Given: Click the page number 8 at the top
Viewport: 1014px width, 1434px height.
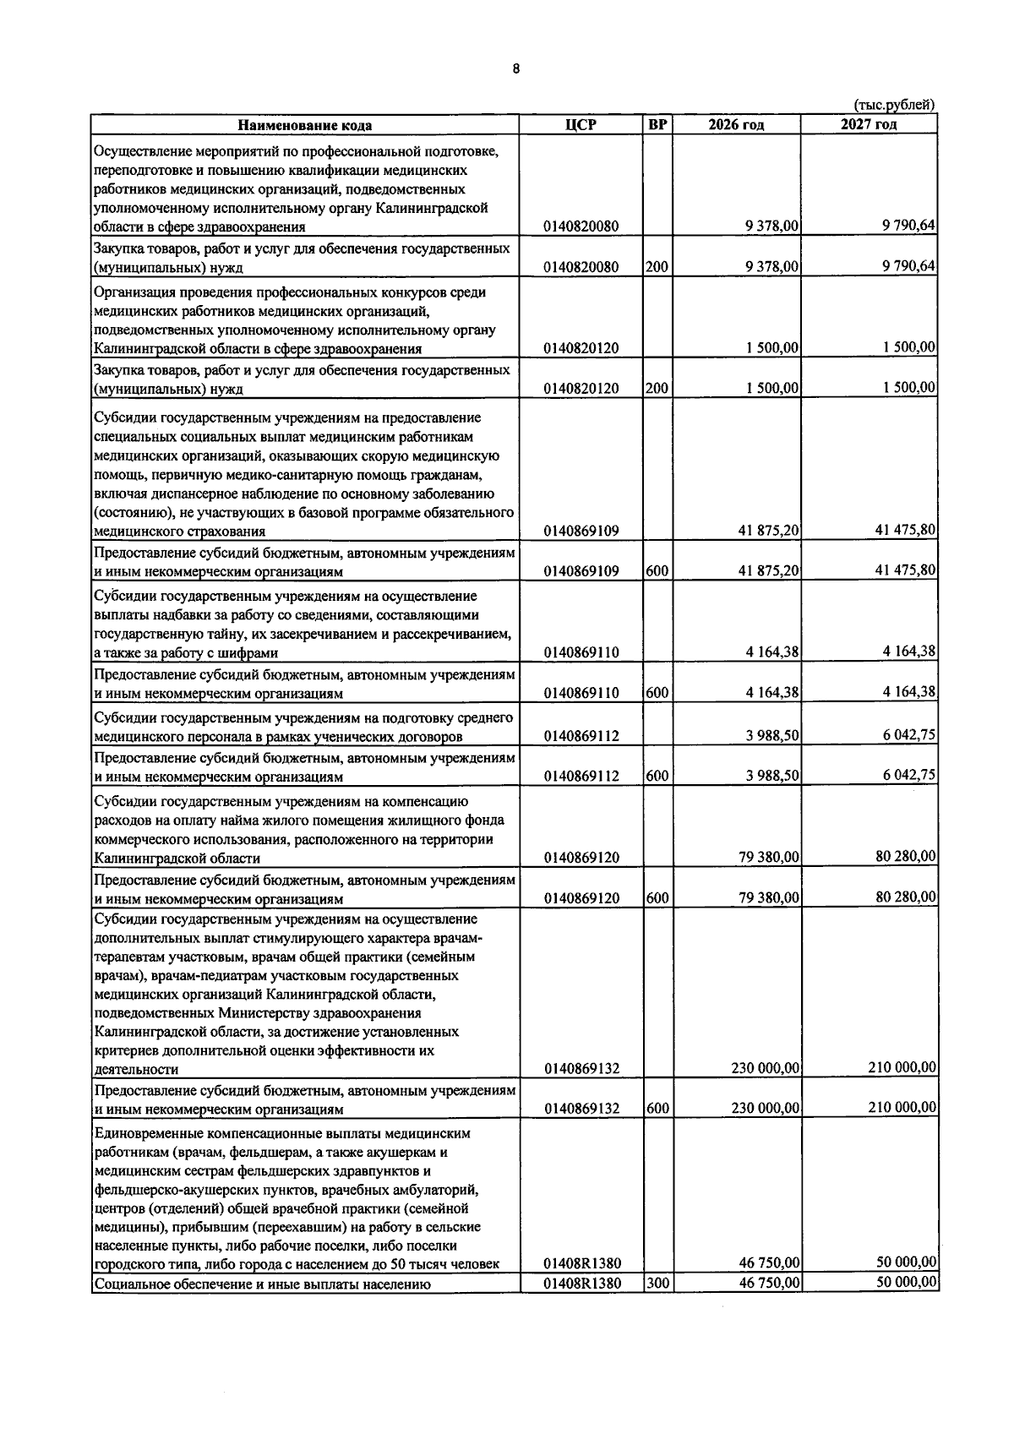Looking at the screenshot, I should [515, 69].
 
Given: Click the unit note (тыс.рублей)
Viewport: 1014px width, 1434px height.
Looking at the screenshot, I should [894, 106].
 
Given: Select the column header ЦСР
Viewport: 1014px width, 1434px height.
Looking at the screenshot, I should [581, 125].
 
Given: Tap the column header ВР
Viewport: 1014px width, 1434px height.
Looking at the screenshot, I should [657, 125].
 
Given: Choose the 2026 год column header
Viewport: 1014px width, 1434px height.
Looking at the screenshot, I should [736, 125].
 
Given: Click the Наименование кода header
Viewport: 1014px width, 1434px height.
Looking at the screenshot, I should [304, 126].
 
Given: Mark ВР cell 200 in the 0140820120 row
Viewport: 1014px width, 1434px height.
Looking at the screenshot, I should [657, 389].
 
